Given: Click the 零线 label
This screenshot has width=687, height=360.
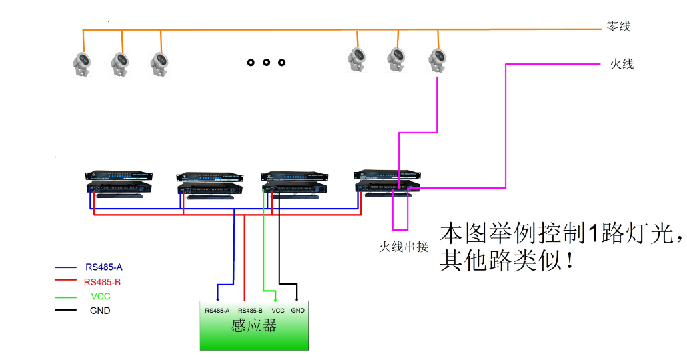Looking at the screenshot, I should click(618, 27).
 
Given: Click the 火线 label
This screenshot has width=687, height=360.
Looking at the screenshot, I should click(622, 65).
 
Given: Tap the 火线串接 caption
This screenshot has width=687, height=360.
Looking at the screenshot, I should click(404, 246).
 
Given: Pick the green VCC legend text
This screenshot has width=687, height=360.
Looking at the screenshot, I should click(100, 297).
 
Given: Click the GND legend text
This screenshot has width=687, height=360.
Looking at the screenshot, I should click(100, 311).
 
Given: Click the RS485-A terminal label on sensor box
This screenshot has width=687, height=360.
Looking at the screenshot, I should click(217, 311).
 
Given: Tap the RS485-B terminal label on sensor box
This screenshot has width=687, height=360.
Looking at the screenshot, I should click(250, 311).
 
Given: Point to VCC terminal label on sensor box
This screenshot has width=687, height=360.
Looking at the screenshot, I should click(278, 311).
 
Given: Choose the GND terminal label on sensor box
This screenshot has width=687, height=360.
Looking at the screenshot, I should click(298, 311).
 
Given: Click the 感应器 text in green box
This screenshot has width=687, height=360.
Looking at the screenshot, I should click(254, 326).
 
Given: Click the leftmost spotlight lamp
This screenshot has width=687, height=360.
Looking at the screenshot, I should click(83, 64).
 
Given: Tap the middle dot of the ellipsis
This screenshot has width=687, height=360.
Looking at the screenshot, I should click(266, 63).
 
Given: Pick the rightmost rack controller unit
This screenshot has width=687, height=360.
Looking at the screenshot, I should click(388, 183).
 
